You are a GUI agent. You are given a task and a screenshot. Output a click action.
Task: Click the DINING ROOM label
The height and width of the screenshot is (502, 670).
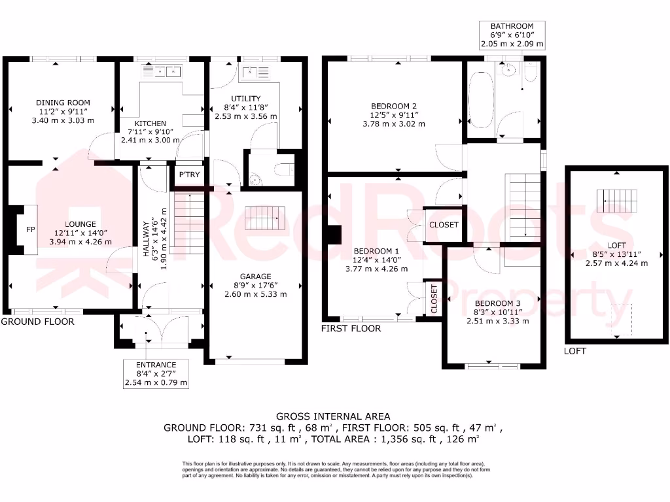[63, 103]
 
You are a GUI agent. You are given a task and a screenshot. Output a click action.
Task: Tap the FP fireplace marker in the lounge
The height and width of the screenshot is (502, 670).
[30, 230]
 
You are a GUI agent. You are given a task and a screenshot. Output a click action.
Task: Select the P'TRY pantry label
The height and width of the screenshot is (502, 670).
[189, 175]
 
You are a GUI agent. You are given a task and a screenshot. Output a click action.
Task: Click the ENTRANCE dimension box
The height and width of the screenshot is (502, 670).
[156, 374]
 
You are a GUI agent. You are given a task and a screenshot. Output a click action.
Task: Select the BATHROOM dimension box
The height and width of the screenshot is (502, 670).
[512, 35]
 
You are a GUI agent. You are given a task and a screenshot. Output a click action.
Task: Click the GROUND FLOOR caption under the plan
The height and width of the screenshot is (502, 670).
[37, 322]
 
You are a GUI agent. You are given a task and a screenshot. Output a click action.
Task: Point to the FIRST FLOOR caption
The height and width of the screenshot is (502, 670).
[351, 328]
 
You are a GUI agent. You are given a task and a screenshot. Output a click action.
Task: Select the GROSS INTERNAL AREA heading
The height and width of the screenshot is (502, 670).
[333, 416]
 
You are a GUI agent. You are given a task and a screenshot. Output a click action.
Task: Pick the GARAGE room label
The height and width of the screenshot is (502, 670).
[255, 276]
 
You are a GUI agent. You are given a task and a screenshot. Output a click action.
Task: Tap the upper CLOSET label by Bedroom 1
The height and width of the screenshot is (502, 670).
[444, 225]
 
